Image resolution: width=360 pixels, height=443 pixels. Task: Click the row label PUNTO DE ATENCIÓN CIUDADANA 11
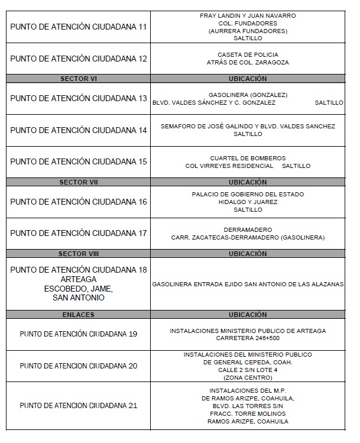[79, 27]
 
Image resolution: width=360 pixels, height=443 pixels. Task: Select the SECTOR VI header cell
[78, 79]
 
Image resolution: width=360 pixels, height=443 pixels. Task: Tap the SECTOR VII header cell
[78, 182]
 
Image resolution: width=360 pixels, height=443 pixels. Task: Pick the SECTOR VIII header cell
[78, 254]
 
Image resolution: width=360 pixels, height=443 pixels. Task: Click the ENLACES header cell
[78, 315]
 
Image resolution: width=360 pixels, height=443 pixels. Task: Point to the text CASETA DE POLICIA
[248, 54]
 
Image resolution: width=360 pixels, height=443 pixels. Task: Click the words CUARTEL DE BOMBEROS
[248, 158]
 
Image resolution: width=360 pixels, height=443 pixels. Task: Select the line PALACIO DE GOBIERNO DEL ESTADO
[248, 194]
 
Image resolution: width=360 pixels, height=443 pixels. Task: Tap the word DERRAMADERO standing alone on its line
[248, 229]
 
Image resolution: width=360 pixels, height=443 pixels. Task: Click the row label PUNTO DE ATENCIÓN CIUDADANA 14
[79, 130]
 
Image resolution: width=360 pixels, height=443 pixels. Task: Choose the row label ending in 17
[79, 233]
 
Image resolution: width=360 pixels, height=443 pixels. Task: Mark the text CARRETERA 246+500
[248, 338]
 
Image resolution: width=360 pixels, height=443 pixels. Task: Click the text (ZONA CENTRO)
[248, 377]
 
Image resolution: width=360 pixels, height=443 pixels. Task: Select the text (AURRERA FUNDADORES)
[248, 31]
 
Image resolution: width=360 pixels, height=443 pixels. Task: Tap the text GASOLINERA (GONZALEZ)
[248, 95]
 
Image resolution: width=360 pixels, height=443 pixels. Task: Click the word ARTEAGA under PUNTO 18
[78, 279]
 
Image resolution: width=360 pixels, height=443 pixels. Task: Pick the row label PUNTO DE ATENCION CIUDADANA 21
[79, 406]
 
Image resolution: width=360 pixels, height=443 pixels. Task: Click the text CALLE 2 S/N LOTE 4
[248, 370]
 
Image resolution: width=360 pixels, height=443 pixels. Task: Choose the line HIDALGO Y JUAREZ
[248, 202]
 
